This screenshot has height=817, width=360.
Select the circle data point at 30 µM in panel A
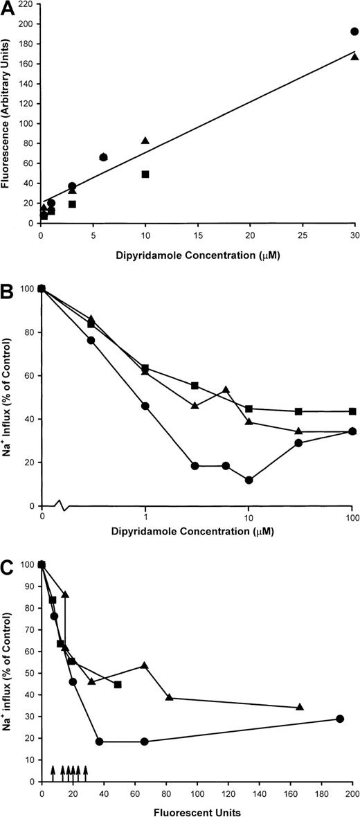[x=354, y=31]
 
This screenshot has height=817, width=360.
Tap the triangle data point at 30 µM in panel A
[x=354, y=57]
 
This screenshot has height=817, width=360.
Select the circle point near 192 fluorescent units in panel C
[x=340, y=719]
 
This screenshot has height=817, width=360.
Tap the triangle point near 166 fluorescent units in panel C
[x=300, y=707]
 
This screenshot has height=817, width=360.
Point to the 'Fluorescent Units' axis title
[x=197, y=809]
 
